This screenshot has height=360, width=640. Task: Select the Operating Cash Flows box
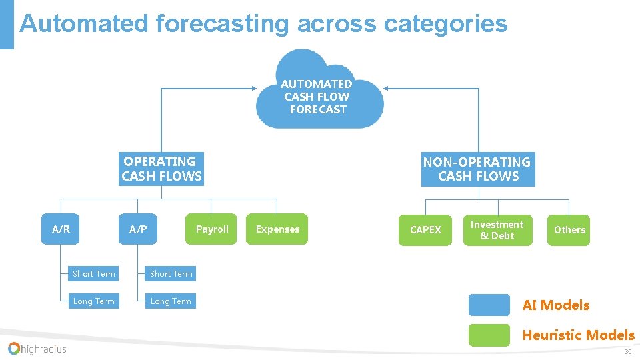161,169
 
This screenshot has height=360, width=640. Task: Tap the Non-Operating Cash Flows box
477,169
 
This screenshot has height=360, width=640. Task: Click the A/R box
61,229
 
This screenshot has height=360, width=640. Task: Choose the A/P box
138,229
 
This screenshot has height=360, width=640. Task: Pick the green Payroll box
211,229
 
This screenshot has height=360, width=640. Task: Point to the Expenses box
277,229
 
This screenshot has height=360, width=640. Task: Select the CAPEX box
425,230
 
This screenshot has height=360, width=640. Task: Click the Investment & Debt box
497,230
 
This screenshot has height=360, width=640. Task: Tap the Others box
569,230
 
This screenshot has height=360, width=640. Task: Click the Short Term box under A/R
93,274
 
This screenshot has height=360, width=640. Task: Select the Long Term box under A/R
93,301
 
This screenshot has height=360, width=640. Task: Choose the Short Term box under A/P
171,274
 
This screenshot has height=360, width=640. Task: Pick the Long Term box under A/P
171,301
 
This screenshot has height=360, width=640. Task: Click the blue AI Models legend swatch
489,305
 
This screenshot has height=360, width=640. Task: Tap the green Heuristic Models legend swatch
489,335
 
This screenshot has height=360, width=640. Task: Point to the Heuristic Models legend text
578,335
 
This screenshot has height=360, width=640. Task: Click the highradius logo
37,348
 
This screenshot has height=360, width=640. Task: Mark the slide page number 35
627,352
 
